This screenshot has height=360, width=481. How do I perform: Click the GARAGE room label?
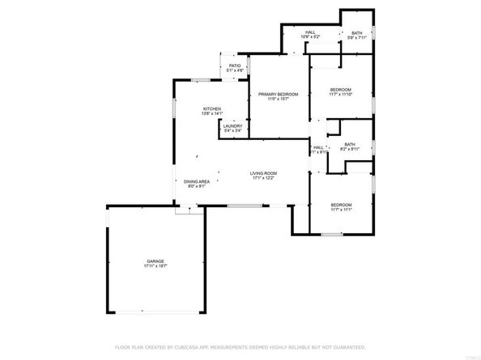155,260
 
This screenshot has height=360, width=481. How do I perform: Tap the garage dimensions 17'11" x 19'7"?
155,266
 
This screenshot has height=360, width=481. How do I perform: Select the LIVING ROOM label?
263,173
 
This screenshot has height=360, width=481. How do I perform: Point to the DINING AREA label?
197,181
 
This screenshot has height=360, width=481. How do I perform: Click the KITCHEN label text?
212,108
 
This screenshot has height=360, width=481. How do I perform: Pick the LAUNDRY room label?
232,127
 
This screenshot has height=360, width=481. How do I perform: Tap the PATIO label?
235,66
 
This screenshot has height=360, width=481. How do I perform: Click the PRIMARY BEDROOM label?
278,95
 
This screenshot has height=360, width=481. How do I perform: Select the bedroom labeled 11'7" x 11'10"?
340,89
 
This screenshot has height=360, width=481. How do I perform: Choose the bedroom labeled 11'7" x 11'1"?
340,205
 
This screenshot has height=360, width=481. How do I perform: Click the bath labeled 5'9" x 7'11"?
356,32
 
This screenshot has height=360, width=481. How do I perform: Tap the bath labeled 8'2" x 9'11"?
349,144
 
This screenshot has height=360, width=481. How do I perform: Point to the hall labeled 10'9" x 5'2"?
310,32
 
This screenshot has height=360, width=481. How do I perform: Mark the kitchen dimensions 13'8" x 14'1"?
212,114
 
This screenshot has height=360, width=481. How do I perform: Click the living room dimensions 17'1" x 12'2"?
263,179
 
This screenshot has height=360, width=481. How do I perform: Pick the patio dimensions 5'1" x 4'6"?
235,71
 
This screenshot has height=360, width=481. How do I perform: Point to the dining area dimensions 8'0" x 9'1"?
197,187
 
